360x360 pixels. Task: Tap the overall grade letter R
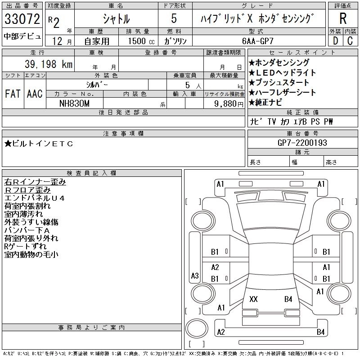coord(342,19)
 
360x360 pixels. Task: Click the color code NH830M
coord(75,103)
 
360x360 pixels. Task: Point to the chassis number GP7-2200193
coord(302,143)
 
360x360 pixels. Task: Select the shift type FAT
coord(13,94)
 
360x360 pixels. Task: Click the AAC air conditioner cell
coord(35,94)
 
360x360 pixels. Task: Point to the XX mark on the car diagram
coord(253,299)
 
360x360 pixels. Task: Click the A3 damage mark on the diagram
coord(195,275)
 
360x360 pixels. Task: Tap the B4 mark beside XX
coord(288,299)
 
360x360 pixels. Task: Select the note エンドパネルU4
coord(34,198)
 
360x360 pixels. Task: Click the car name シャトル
coord(116,19)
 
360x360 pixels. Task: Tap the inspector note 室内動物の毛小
coord(31,255)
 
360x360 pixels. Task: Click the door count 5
coord(174,19)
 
